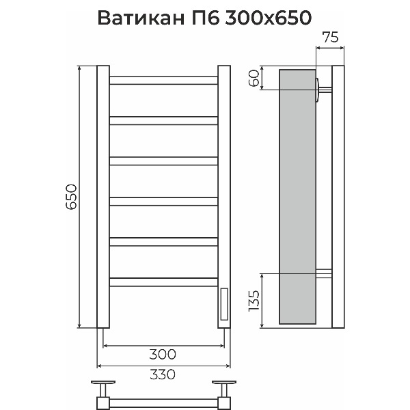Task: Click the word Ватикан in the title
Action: click(x=141, y=18)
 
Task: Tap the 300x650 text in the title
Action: click(x=268, y=18)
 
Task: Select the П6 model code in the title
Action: click(x=205, y=18)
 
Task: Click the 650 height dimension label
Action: click(x=71, y=197)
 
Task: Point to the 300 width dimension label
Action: click(x=163, y=354)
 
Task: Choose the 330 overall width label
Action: click(x=163, y=374)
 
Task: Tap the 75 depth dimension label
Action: click(x=330, y=37)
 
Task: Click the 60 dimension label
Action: click(x=254, y=78)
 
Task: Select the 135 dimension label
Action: click(x=254, y=301)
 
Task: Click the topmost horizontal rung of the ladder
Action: click(x=164, y=80)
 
